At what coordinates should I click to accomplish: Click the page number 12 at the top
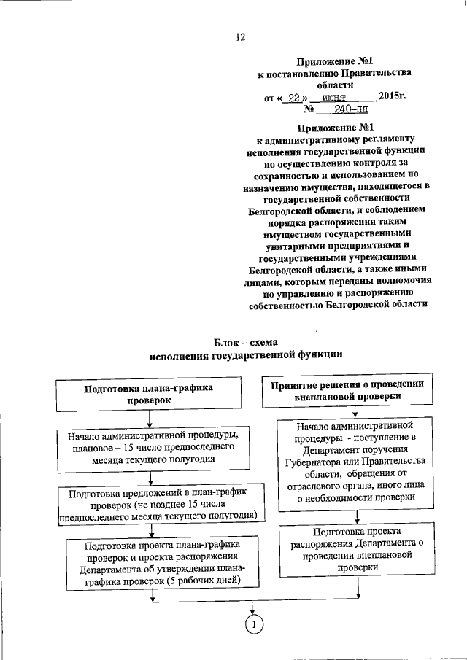[241, 37]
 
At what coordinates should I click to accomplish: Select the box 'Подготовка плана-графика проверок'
[148, 395]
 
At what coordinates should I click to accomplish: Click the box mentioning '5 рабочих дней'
[153, 562]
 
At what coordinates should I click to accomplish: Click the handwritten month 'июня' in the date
[336, 96]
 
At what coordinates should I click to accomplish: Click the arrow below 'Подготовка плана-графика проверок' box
[149, 419]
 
